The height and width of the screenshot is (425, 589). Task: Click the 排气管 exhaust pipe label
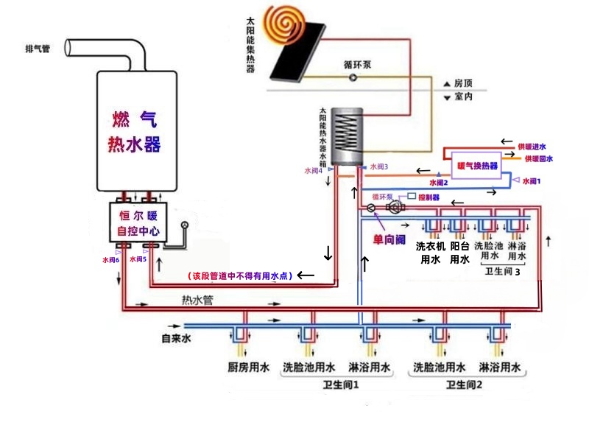[x=38, y=49]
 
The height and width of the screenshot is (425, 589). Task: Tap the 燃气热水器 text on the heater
[x=135, y=131]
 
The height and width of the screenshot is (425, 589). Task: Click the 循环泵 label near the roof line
[x=358, y=65]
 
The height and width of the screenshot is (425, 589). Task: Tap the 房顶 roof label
[x=463, y=83]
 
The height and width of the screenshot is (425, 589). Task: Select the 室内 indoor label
[x=463, y=96]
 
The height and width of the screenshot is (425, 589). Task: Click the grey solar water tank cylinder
[x=346, y=136]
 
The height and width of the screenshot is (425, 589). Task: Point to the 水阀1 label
[x=531, y=180]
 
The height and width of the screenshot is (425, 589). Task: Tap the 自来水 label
[x=177, y=339]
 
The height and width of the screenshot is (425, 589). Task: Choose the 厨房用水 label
[x=248, y=366]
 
